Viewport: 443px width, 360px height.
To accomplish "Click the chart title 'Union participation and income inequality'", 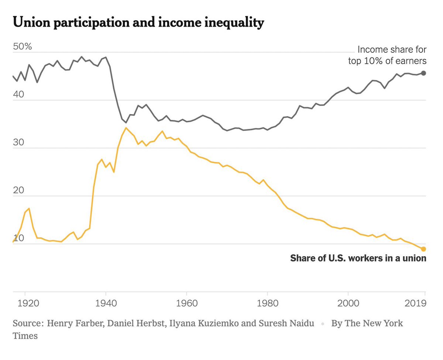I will point(138,23).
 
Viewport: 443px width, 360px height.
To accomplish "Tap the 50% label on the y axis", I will point(23,47).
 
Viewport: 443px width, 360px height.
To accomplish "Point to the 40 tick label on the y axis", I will point(19,95).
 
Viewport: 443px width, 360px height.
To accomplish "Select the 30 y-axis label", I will point(19,143).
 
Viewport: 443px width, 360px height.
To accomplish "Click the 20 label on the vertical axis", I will point(19,191).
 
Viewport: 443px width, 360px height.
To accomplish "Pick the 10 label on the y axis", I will point(18,239).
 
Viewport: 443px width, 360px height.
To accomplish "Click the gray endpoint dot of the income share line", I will point(423,73).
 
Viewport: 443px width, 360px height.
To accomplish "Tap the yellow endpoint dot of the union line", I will point(423,249).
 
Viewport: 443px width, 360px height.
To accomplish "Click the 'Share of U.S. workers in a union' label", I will point(358,258).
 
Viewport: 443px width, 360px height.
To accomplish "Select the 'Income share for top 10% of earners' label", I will point(388,55).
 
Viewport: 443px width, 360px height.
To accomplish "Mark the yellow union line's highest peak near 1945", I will point(126,128).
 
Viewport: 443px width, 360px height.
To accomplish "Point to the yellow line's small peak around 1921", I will point(29,208).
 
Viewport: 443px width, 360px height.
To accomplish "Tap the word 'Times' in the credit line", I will point(25,336).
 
